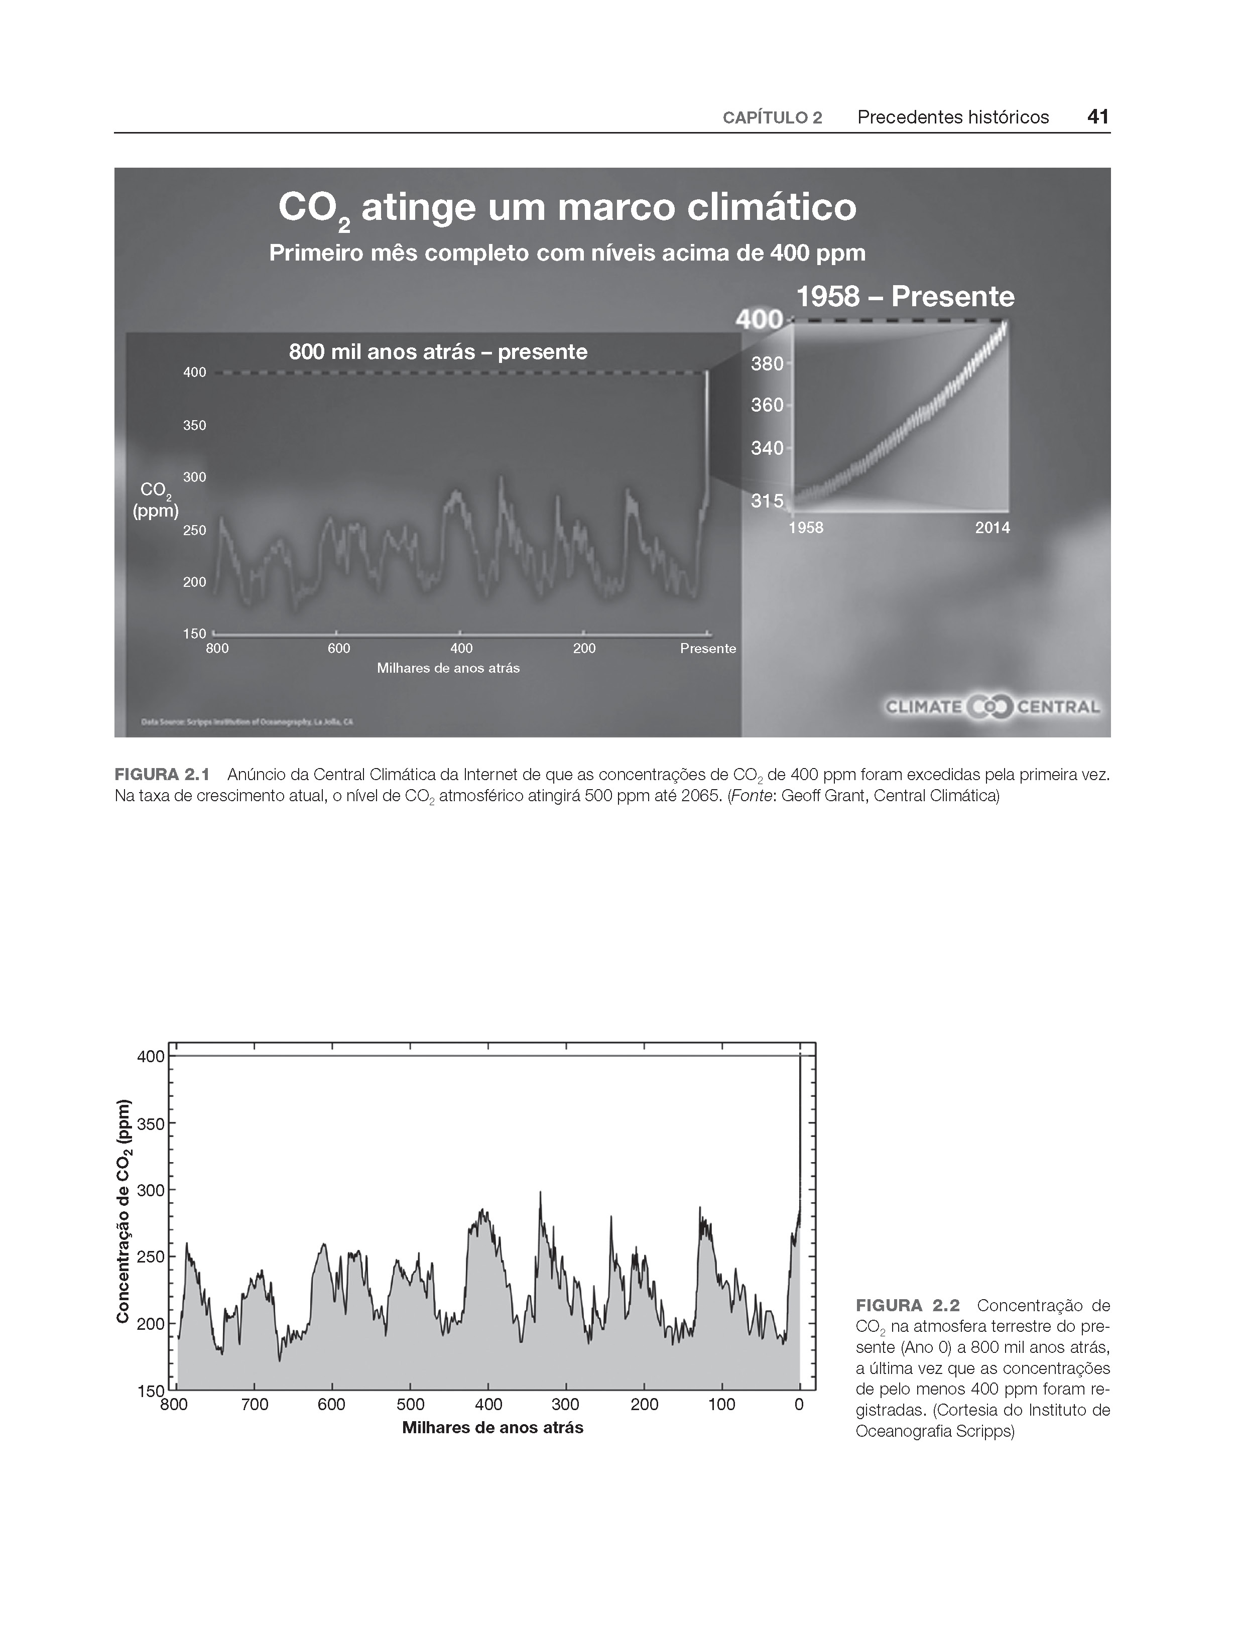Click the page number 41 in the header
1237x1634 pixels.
coord(1098,116)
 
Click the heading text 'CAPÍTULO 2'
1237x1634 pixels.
coord(772,118)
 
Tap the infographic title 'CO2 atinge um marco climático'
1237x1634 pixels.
coord(567,208)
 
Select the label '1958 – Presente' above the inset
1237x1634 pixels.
coord(905,297)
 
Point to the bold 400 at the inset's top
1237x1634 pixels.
coord(760,320)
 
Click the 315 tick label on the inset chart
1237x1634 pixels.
coord(766,501)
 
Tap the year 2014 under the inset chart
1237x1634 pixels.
coord(992,528)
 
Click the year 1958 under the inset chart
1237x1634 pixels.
coord(805,528)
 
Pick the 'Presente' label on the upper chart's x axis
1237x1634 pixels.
coord(708,649)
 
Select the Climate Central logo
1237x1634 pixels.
coord(993,707)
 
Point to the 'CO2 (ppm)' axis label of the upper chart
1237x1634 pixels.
coord(155,500)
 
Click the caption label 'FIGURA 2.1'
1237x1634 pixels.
coord(162,775)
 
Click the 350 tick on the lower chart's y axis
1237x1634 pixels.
coord(151,1123)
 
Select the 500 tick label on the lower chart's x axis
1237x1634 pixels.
coord(410,1404)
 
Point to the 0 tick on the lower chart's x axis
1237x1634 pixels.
coord(799,1404)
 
